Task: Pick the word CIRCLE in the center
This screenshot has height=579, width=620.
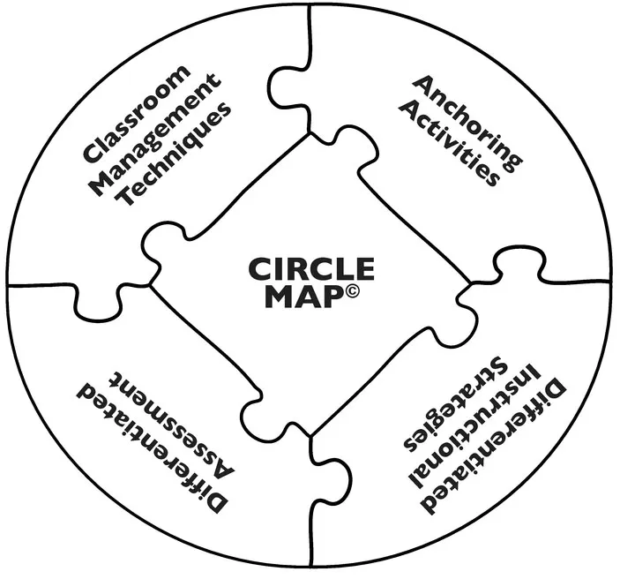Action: point(311,268)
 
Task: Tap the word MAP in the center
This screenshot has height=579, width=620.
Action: point(300,296)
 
